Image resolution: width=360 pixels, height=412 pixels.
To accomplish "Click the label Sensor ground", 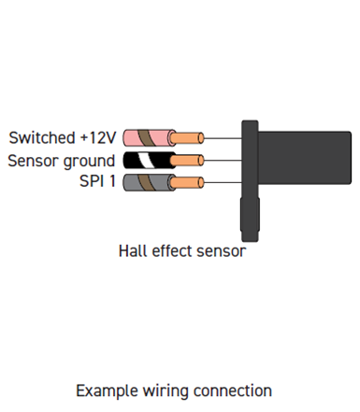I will tap(62, 160).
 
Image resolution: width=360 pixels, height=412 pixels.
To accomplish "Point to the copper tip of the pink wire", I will tap(191, 137).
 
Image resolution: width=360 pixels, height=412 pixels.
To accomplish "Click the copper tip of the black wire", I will tap(191, 160).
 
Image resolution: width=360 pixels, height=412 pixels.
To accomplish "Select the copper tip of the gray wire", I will tap(191, 181).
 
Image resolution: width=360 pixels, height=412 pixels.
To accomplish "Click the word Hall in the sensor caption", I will tap(132, 250).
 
